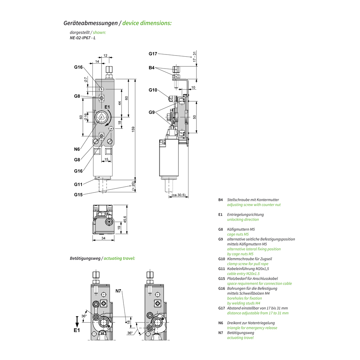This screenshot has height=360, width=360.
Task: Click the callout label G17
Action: point(153,54)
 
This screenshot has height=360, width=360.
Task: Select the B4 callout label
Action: point(152,67)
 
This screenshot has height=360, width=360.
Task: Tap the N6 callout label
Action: point(77,149)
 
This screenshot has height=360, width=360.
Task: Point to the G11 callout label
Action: point(78,184)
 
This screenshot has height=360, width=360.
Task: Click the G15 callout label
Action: point(78,194)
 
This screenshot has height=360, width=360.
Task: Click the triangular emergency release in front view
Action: point(102,118)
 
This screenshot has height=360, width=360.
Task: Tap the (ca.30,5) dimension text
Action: point(179,195)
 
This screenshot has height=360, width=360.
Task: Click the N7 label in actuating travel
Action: point(118,291)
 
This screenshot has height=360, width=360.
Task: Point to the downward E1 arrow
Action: point(77,321)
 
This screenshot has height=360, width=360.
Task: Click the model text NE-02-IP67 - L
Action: point(83,38)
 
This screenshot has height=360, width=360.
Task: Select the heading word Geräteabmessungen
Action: point(90,23)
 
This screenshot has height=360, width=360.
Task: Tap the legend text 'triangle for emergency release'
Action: point(252,328)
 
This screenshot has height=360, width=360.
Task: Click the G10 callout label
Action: point(153,90)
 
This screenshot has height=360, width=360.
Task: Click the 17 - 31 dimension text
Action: point(194,57)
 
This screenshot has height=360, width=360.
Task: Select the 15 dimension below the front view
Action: point(106,160)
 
